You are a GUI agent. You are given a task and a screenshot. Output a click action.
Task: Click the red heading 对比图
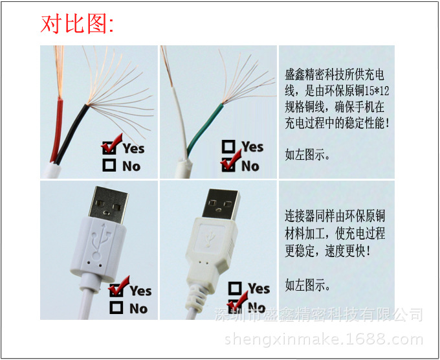pos(77,24)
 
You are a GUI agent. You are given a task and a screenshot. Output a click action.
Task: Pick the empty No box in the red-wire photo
pos(109,166)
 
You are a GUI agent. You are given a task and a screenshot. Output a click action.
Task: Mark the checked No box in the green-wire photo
pos(228,166)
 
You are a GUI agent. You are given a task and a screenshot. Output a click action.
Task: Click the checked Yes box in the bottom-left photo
pos(116,291)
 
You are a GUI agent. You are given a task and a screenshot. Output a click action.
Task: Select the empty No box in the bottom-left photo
pos(116,308)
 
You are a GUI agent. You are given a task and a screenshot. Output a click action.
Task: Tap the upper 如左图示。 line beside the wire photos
pos(308,155)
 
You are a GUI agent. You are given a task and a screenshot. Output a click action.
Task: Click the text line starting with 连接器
pos(335,216)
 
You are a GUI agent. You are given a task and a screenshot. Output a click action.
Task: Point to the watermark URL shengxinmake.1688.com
pos(324,340)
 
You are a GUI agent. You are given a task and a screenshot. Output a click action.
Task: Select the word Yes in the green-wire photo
pos(253,147)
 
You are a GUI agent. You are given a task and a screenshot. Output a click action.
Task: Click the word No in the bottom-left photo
pos(138,309)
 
